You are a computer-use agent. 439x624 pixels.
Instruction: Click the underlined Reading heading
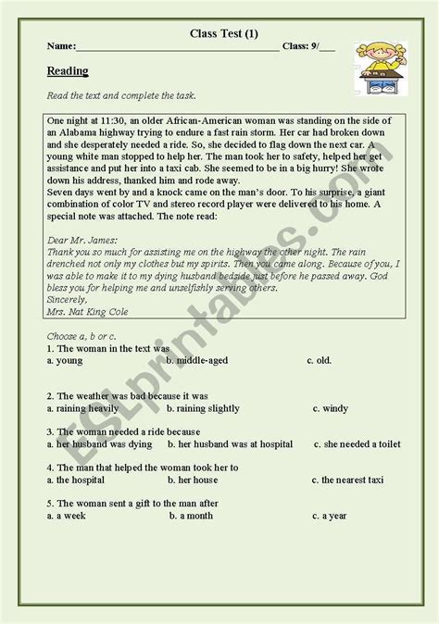point(68,71)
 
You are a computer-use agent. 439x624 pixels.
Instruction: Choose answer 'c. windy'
point(330,406)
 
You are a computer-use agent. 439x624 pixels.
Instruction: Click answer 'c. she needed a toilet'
point(357,443)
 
